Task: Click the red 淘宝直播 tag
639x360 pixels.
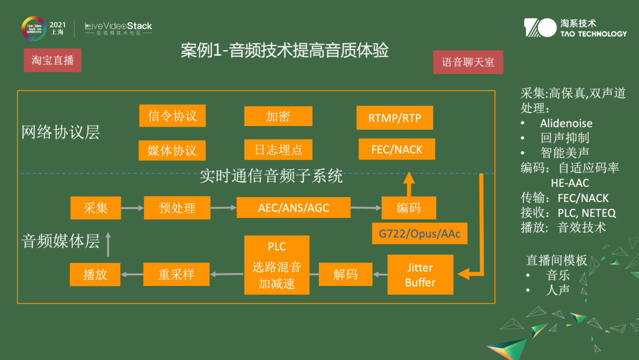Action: (53, 60)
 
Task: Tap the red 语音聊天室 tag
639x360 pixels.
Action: (468, 62)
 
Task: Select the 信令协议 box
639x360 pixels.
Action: (172, 115)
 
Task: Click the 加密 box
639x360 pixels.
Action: (277, 116)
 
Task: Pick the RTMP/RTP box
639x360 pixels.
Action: (395, 118)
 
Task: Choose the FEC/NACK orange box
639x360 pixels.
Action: (396, 149)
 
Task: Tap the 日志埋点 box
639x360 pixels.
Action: (278, 150)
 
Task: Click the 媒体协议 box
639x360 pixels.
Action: (172, 150)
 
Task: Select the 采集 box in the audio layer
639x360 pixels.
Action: (95, 208)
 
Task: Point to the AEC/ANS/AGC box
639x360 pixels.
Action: (293, 208)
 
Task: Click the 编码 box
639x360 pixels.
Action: (408, 208)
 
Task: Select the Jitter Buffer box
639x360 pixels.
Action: (420, 275)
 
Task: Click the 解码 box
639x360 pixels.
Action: (346, 274)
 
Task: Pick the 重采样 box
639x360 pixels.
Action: (176, 274)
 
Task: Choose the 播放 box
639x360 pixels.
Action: (95, 274)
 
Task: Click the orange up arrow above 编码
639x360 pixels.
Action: (408, 183)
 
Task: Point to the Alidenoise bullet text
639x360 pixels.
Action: (566, 123)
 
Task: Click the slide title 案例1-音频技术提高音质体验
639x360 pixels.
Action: (285, 51)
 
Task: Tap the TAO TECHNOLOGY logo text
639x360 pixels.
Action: (593, 34)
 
